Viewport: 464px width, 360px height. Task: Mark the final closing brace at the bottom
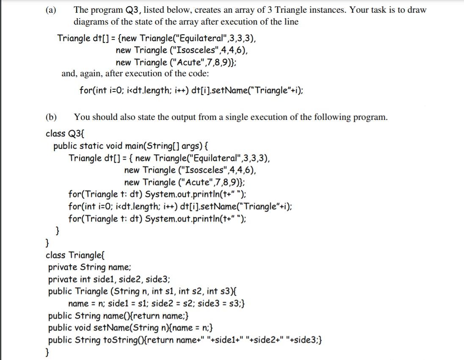pos(47,352)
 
